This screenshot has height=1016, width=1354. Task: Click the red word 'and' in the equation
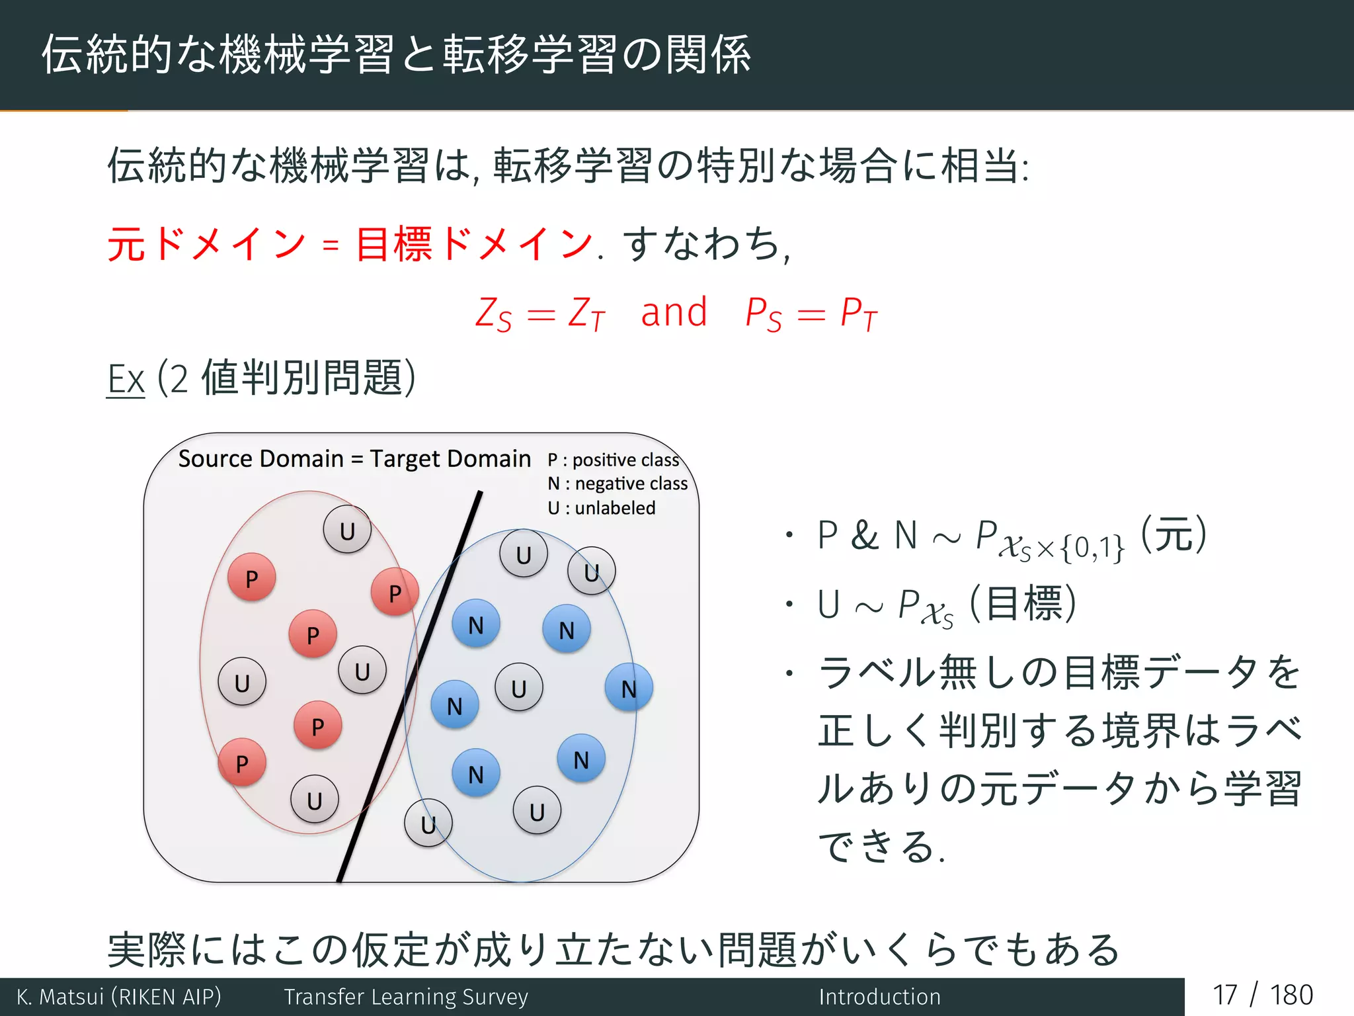point(674,313)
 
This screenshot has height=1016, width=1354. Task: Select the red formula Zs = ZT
point(539,314)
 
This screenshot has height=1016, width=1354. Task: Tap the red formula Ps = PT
point(811,314)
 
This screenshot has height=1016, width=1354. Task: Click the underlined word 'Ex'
point(126,380)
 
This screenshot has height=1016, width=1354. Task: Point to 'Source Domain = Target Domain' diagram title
point(354,458)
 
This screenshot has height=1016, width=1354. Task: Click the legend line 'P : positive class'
point(613,460)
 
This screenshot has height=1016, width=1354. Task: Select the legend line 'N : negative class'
point(617,484)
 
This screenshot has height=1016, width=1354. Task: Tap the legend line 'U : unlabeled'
point(601,508)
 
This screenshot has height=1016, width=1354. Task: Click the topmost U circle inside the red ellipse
point(347,530)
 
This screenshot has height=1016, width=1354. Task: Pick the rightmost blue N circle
point(629,688)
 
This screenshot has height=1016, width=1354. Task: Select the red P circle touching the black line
point(395,592)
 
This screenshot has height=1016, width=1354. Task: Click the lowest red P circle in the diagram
point(242,763)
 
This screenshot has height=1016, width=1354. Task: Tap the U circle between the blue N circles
point(519,688)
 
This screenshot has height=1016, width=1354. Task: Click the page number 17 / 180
point(1262,995)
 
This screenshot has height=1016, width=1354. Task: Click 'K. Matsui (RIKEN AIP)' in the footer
point(119,997)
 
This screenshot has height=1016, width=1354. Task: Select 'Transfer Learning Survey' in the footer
point(406,997)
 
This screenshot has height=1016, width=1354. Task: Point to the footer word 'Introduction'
point(879,997)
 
